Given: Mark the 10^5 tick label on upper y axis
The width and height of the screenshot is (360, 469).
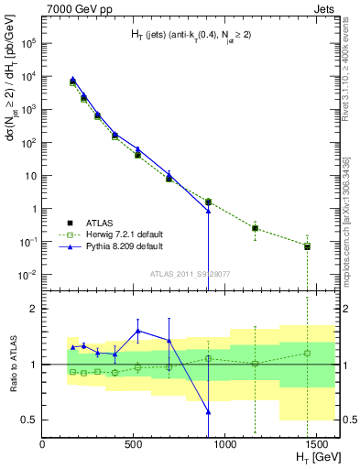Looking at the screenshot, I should tap(27, 43).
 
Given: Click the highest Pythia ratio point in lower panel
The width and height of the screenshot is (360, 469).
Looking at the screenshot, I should tap(138, 331).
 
